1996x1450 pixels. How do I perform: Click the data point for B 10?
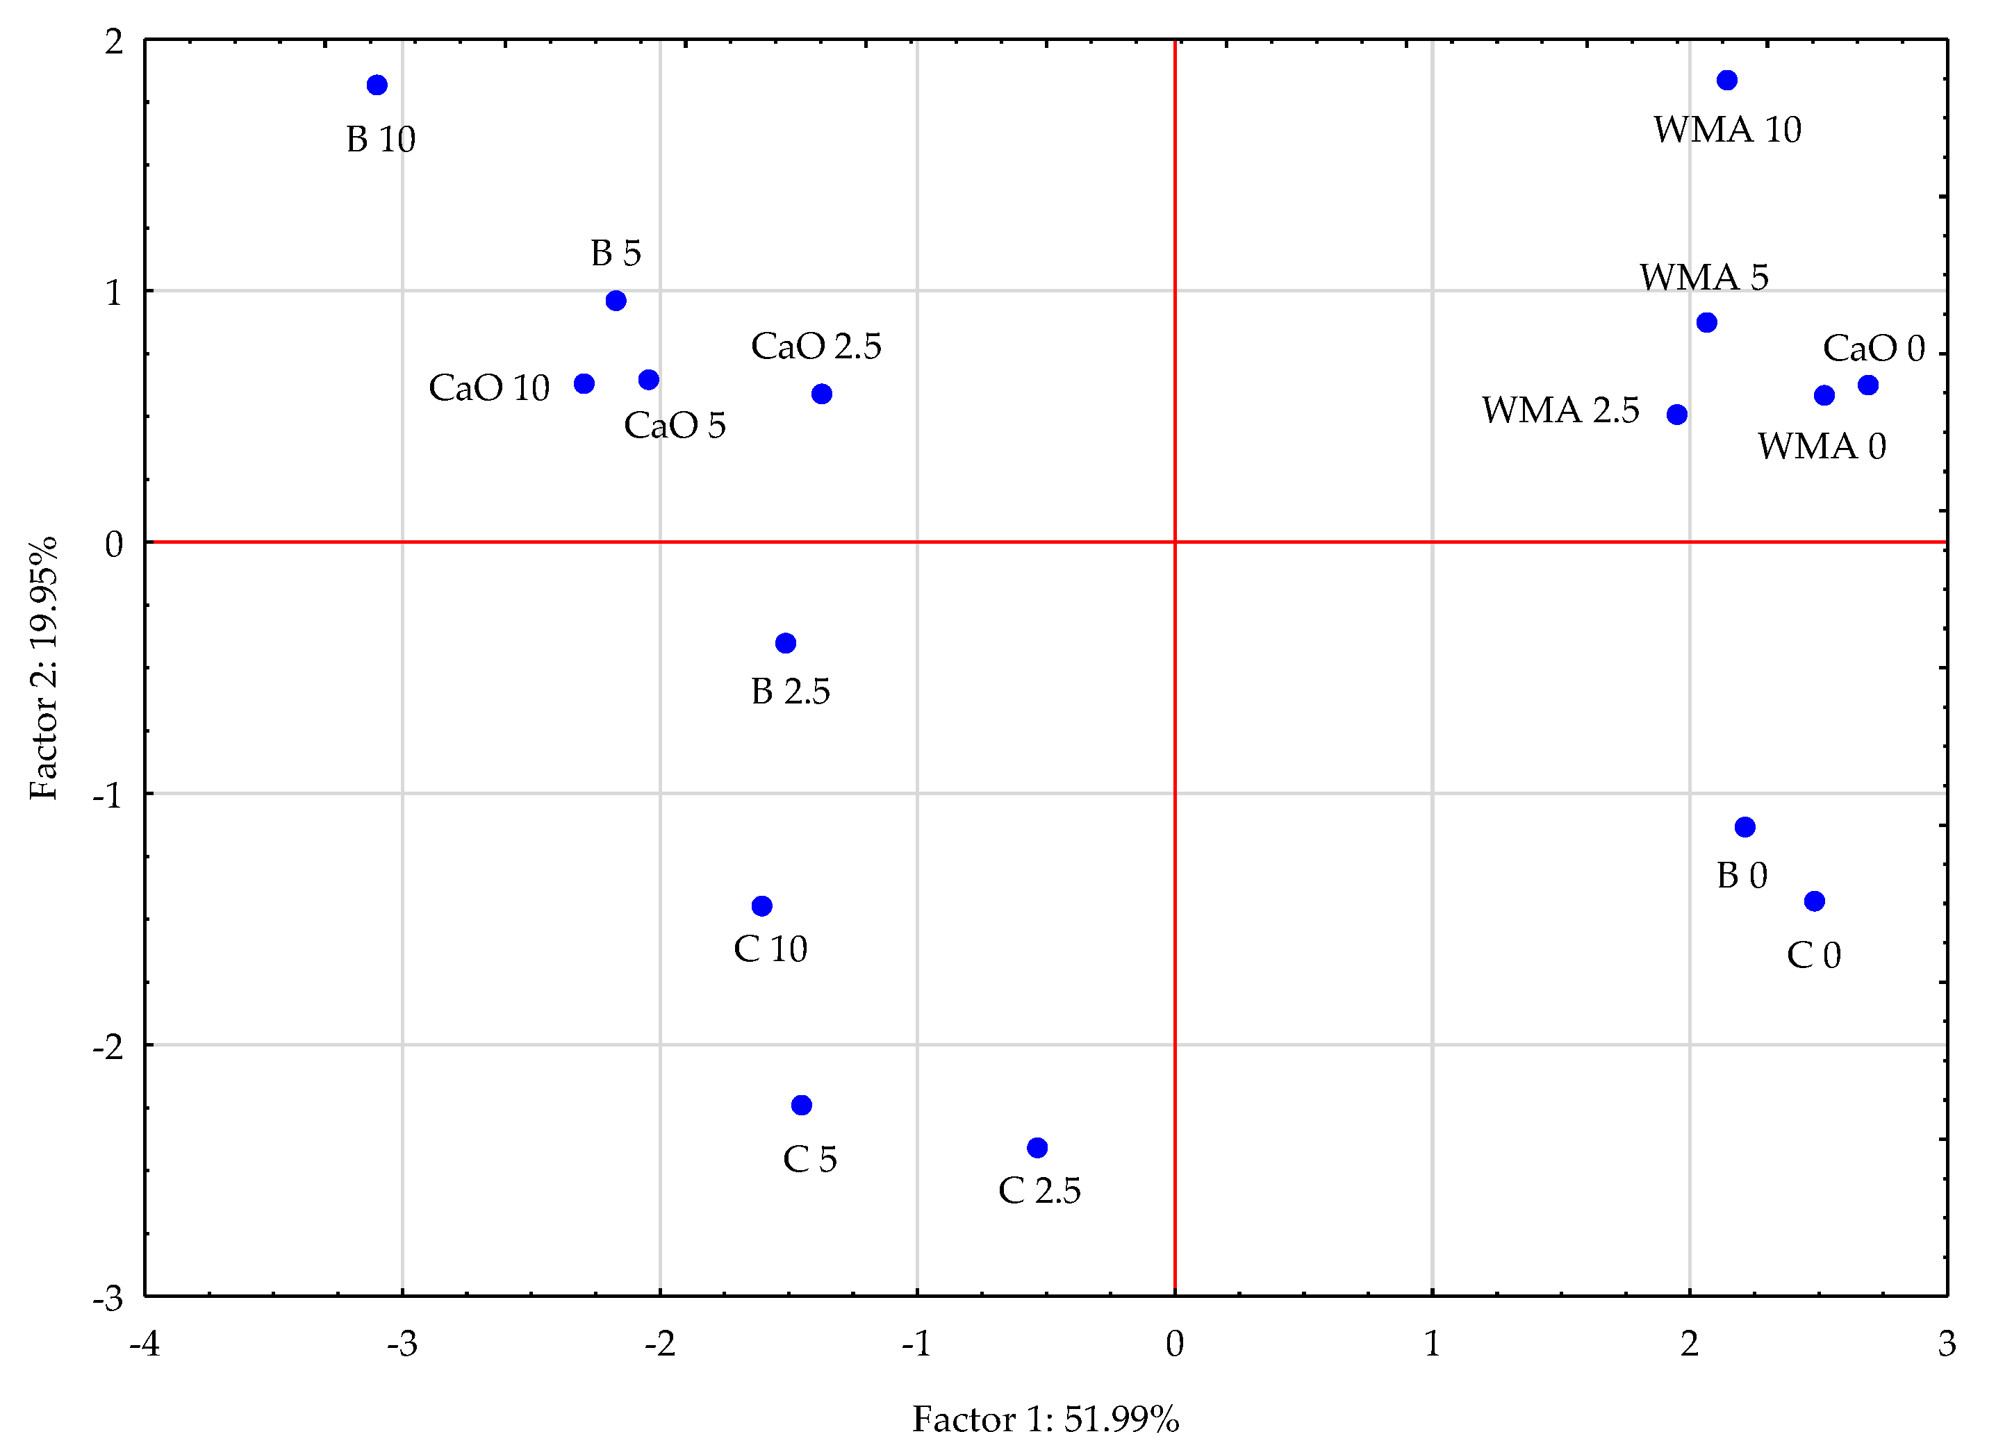click(377, 85)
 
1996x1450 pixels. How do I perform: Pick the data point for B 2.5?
click(786, 643)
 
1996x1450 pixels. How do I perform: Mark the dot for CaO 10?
click(584, 383)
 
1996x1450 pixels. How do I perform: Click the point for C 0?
click(1814, 901)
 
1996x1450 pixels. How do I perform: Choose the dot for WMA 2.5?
click(1676, 415)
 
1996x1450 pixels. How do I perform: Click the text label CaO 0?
click(1873, 349)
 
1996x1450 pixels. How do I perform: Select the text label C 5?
click(809, 1159)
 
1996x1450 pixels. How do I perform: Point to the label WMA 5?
click(1703, 277)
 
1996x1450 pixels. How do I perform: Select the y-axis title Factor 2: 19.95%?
click(43, 668)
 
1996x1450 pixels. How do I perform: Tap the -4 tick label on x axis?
click(145, 1344)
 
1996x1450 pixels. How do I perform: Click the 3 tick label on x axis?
click(1947, 1344)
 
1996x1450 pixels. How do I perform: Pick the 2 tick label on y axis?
click(113, 42)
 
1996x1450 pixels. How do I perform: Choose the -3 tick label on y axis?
click(108, 1299)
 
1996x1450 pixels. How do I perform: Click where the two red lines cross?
click(1175, 542)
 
